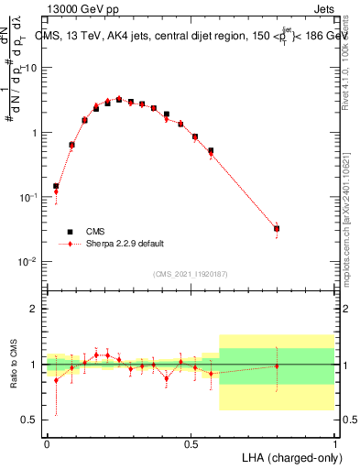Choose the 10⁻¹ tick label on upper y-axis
point(29,197)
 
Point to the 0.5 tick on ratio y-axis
point(32,420)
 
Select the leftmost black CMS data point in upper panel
point(56,186)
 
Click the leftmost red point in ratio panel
point(56,380)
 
